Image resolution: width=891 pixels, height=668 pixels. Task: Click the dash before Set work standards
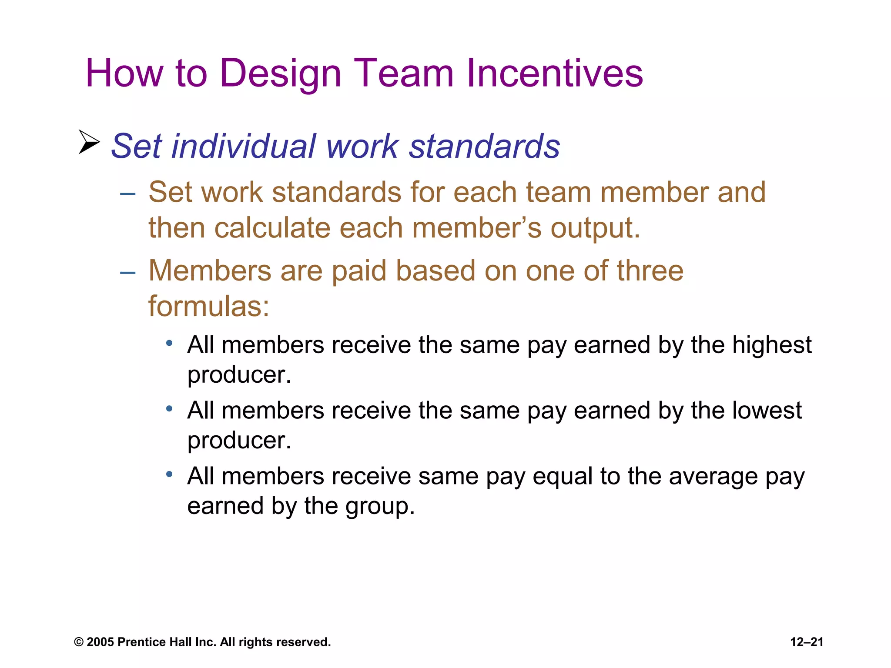127,193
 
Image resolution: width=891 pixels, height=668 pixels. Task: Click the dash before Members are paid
127,272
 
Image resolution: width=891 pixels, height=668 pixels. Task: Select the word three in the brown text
650,271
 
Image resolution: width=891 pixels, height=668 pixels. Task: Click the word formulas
208,306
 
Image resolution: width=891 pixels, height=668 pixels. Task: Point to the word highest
772,345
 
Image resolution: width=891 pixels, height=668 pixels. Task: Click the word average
713,477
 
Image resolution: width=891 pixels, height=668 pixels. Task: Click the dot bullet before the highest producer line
169,344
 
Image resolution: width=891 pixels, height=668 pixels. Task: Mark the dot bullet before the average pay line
169,474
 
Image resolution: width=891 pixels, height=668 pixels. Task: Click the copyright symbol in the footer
79,642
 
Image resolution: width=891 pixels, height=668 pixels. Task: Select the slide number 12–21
807,642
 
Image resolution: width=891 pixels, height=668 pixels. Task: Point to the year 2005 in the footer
100,642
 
